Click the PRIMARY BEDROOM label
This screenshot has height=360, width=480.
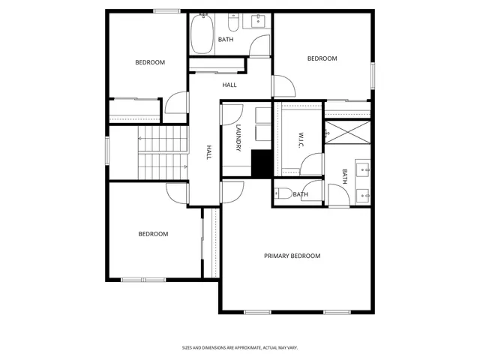click(x=292, y=256)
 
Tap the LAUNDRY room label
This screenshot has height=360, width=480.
click(x=238, y=139)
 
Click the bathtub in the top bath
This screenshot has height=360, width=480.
click(x=202, y=34)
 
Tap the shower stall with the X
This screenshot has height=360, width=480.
click(x=348, y=133)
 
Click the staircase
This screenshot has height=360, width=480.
click(x=161, y=152)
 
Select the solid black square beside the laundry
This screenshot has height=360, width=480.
click(x=260, y=163)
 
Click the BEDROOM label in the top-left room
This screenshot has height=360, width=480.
click(x=150, y=62)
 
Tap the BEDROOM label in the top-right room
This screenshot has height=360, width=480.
click(x=322, y=58)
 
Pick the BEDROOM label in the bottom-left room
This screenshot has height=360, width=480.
click(x=153, y=234)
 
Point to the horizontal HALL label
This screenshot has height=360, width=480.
click(x=229, y=85)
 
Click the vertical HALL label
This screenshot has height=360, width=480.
click(x=209, y=152)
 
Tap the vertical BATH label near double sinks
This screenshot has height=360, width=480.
click(x=345, y=176)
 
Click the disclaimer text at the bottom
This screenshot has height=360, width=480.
click(x=240, y=348)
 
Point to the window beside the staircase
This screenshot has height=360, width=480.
click(x=107, y=149)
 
